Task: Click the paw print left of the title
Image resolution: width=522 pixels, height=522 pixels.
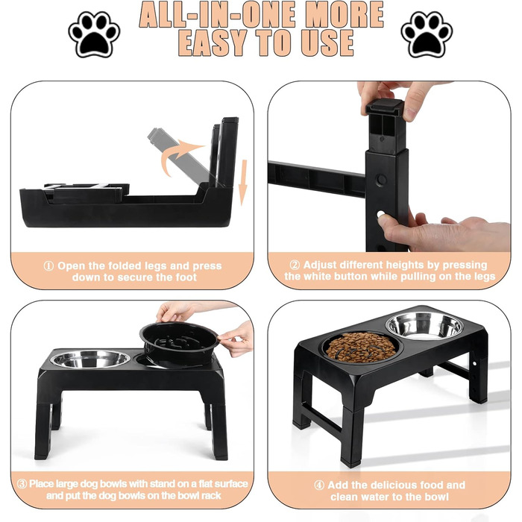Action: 94,34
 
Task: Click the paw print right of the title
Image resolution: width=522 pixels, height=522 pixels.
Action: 427,34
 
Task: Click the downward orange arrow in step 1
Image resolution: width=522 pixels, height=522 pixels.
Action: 243,183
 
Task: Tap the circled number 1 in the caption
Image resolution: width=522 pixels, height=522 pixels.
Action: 48,266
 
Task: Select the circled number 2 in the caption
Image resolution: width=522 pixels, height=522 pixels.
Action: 295,265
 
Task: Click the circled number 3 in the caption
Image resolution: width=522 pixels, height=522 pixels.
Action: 22,484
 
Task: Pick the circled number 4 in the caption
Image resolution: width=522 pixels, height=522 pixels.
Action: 319,485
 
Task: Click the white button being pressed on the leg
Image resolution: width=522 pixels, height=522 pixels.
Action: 381,214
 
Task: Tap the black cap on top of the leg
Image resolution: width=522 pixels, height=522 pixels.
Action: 385,107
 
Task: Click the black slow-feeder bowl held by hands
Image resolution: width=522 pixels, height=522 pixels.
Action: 179,345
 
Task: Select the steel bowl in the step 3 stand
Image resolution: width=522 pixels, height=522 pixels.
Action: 90,359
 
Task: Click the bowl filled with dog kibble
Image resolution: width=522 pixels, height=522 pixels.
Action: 361,347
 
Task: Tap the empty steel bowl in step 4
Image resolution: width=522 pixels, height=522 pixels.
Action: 424,326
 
